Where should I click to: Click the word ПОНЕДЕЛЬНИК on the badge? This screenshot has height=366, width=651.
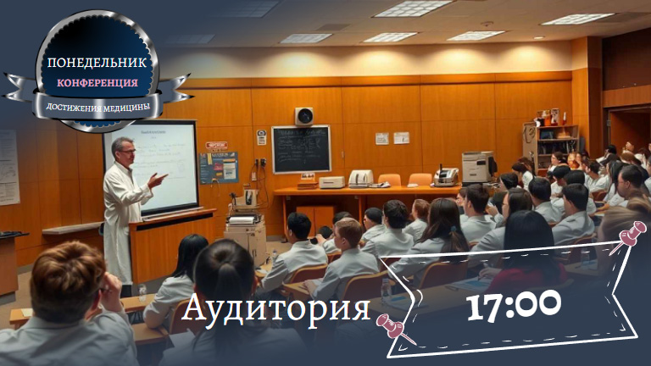97,62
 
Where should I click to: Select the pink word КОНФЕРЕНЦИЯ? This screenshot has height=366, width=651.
97,82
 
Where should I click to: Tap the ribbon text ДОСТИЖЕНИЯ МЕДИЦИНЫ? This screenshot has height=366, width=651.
97,108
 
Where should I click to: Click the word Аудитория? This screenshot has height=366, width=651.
275,308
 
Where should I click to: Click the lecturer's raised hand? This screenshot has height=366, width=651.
157,180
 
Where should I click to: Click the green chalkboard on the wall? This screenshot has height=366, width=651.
302,149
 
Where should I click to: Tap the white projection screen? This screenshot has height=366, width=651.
164,167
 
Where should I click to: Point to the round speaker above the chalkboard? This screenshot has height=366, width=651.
304,116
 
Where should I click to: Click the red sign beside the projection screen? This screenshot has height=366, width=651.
217,145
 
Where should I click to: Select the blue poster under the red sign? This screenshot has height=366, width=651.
219,168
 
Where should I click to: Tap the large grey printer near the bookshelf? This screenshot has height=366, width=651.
479,167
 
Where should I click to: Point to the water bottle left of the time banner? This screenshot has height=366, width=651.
387,291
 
